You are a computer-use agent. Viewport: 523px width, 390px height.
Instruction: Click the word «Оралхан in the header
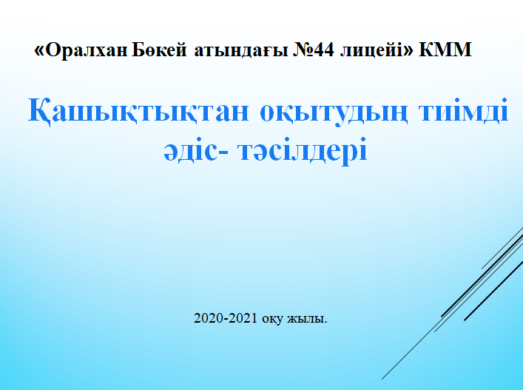[81, 50]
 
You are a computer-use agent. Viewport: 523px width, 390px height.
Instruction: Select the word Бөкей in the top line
[160, 50]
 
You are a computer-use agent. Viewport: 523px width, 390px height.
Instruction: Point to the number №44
[313, 50]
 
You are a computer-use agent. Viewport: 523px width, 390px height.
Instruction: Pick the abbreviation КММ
[445, 50]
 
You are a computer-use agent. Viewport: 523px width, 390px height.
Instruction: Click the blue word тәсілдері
[303, 152]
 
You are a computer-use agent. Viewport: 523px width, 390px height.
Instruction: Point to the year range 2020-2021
[226, 318]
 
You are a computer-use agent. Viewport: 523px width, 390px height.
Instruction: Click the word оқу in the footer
[272, 320]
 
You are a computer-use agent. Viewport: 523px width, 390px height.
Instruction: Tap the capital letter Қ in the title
[39, 112]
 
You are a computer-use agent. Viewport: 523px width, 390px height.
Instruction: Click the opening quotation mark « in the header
[38, 51]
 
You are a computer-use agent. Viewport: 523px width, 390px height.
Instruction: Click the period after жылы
[325, 323]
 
